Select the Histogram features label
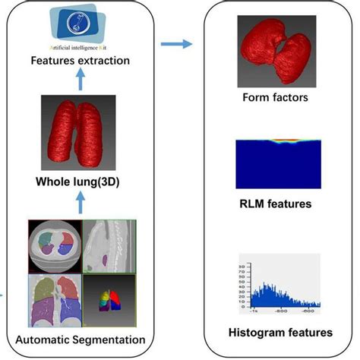(280, 333)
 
